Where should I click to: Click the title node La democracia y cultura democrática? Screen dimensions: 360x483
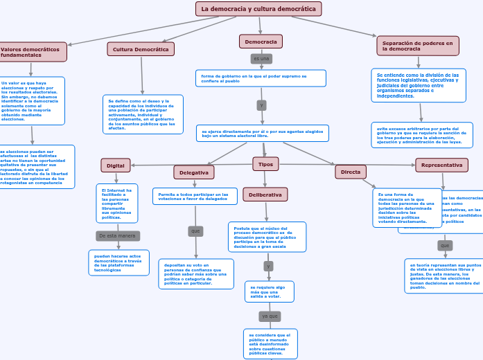click(258, 9)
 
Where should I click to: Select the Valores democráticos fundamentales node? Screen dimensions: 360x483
click(32, 52)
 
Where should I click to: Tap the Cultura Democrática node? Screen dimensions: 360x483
click(141, 49)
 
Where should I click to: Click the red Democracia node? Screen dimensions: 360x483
click(261, 42)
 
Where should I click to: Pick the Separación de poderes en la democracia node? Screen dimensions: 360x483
click(418, 46)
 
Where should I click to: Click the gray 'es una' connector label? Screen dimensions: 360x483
click(261, 59)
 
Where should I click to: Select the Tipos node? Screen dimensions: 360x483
click(265, 164)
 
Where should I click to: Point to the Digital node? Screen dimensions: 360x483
click(116, 165)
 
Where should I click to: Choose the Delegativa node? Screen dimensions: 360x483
click(194, 172)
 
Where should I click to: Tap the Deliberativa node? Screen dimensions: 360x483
click(265, 195)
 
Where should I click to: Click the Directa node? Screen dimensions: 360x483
click(351, 172)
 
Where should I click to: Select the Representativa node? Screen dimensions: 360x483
click(441, 165)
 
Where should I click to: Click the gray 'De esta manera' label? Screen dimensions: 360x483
click(117, 236)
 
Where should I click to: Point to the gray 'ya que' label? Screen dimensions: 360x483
click(270, 316)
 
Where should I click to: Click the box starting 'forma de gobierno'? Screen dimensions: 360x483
click(261, 78)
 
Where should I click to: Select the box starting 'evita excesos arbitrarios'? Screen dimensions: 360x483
click(422, 135)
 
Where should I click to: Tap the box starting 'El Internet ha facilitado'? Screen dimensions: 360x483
click(117, 204)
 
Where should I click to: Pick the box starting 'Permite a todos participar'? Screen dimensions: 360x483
click(195, 197)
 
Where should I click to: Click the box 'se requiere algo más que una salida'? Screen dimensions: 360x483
click(270, 291)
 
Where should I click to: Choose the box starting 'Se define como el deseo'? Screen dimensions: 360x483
click(143, 114)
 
